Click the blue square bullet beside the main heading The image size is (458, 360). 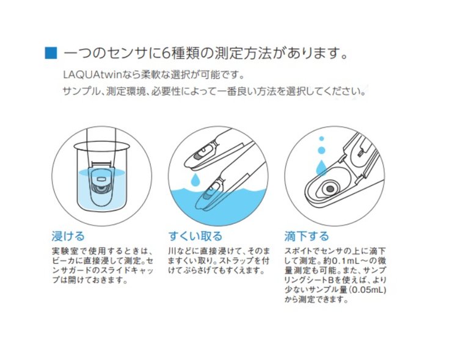(x=51, y=53)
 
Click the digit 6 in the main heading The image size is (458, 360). (x=165, y=53)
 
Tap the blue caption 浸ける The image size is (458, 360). (x=68, y=236)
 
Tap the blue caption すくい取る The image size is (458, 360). (x=195, y=236)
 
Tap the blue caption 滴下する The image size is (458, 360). (x=307, y=236)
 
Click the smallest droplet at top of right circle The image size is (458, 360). (x=322, y=139)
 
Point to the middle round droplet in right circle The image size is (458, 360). (x=322, y=150)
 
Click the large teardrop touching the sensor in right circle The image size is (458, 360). (x=322, y=167)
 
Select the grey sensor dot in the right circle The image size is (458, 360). (x=330, y=189)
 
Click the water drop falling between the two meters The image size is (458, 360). (x=195, y=179)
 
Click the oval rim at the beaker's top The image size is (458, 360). (x=101, y=146)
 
